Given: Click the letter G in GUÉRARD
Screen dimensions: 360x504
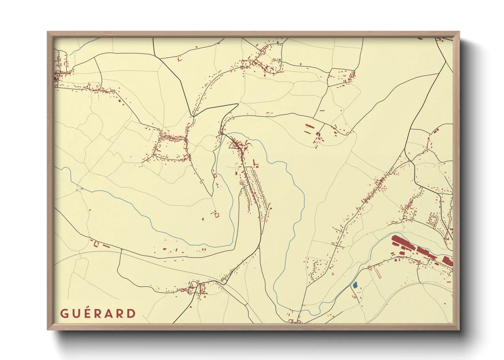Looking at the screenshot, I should (x=64, y=313).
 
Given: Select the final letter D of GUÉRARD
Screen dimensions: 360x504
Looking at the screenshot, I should (x=131, y=313).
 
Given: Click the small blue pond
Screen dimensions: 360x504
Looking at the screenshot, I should (x=355, y=285).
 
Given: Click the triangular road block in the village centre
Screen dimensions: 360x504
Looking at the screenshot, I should (x=235, y=146).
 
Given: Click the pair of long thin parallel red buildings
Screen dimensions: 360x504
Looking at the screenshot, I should (x=377, y=272).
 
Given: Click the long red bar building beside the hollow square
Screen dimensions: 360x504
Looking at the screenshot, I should (x=106, y=245).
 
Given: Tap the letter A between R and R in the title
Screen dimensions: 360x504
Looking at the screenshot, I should (x=109, y=313).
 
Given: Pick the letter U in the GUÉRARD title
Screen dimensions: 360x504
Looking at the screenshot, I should (x=76, y=313).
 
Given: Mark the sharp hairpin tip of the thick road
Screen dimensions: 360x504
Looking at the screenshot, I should (x=237, y=104).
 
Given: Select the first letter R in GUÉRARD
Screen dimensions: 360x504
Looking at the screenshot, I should (x=98, y=313).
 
